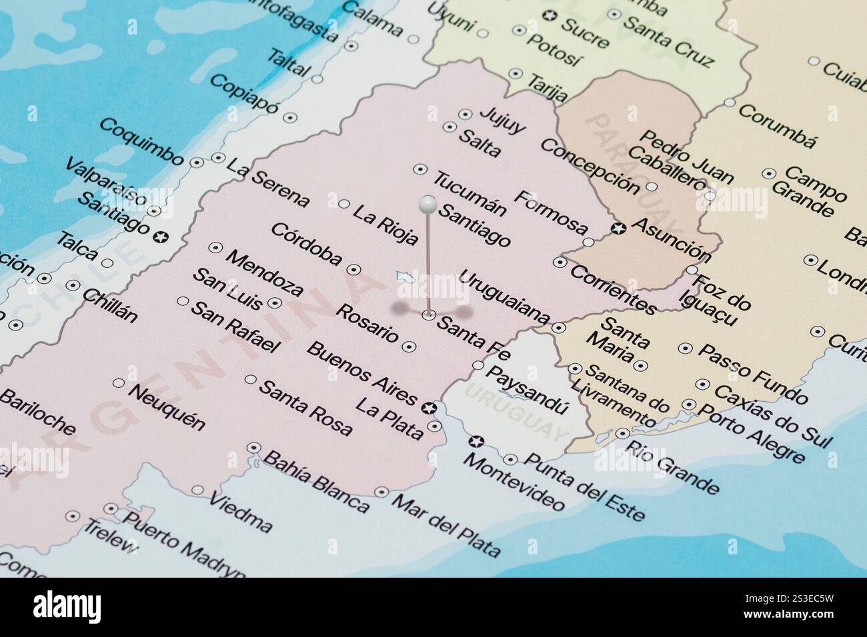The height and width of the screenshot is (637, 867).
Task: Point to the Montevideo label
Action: click(x=514, y=481)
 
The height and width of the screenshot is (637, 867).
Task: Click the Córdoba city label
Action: click(x=306, y=245)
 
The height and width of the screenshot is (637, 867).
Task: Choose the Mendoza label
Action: click(x=264, y=273)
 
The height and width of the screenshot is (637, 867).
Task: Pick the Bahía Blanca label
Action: click(x=316, y=482)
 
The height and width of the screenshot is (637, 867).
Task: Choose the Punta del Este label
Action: click(x=585, y=486)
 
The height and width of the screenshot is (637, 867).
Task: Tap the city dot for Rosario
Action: click(x=409, y=346)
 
